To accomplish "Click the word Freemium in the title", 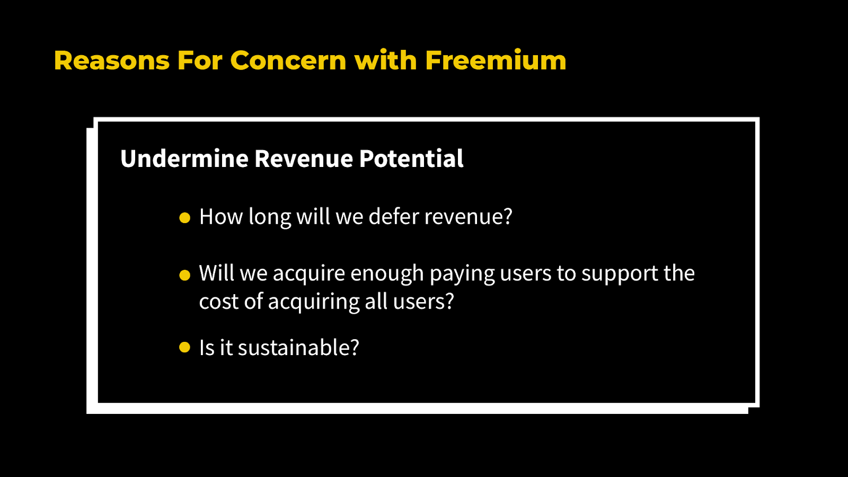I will click(496, 60).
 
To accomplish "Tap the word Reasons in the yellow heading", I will click(112, 60).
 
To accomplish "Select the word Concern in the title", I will click(288, 60).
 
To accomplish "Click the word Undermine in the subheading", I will click(184, 158).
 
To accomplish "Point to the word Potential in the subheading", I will click(411, 158).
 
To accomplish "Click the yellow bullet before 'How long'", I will click(184, 218).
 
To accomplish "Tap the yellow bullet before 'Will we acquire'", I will click(184, 275).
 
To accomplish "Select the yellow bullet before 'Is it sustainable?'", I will click(184, 347).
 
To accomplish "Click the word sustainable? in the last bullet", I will click(298, 348).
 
